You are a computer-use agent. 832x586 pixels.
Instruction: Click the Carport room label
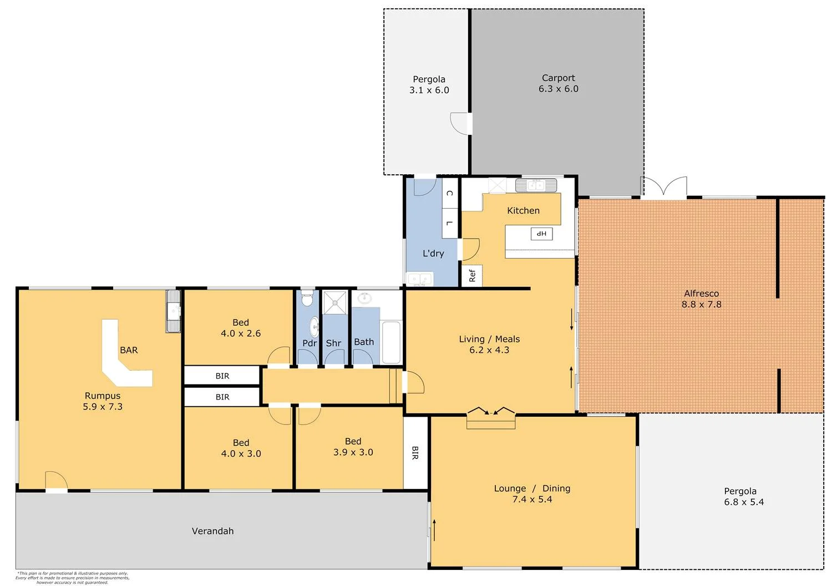coord(559,78)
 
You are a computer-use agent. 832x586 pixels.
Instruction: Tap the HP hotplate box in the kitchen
coord(541,234)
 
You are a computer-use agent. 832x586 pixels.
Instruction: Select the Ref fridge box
coord(472,275)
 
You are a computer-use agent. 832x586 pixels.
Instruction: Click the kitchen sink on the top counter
coord(536,185)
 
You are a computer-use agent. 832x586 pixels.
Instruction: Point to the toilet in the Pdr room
coord(307,300)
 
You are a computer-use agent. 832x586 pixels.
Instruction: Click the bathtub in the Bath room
coord(392,342)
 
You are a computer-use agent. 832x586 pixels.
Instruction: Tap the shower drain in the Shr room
coord(335,302)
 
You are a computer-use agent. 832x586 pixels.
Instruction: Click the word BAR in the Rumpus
coord(129,350)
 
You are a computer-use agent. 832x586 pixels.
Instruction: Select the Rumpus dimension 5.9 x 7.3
coord(103,407)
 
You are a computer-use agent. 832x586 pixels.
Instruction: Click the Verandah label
coord(212,531)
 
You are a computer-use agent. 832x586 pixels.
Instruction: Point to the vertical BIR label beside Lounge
coord(415,453)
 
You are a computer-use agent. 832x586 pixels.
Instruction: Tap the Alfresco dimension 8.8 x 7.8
coord(701,305)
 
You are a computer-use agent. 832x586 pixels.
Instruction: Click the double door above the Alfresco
coord(664,186)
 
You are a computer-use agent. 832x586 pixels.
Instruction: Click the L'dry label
coord(433,254)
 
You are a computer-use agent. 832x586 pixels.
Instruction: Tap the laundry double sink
coord(420,279)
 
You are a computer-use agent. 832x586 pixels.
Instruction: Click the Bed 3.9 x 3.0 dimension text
coord(353,452)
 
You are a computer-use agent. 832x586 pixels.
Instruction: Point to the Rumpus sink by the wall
coord(174,311)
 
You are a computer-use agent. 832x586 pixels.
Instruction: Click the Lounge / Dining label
coord(532,488)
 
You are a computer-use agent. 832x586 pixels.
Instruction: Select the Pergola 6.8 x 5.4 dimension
coord(744,502)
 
